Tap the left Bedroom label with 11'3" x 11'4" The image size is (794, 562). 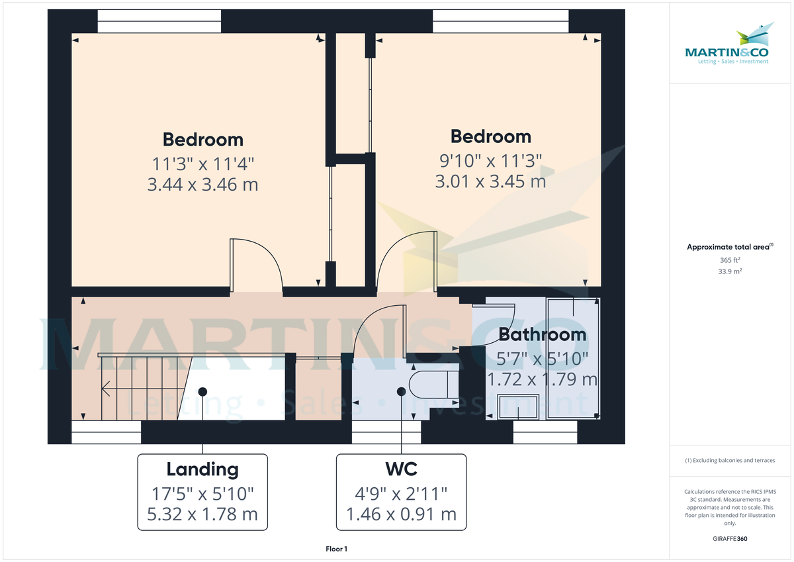(202, 162)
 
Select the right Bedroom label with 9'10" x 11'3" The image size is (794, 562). (490, 159)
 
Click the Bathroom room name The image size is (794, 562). (542, 334)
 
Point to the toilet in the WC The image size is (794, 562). (431, 385)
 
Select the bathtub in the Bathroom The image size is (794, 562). (572, 357)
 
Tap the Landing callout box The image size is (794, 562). (202, 492)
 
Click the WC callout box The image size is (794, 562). (401, 492)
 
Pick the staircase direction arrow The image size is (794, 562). (105, 389)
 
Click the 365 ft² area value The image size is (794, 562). (730, 261)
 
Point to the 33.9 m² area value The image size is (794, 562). (730, 271)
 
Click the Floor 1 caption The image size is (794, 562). (336, 549)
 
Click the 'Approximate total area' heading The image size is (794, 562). (728, 247)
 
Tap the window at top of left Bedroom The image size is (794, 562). (159, 21)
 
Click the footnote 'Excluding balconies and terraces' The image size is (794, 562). (730, 460)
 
